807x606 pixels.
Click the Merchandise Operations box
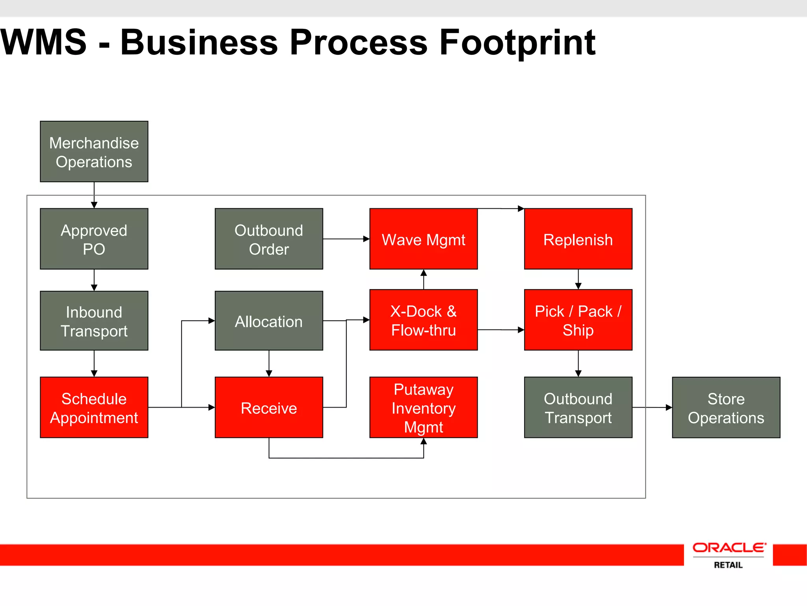94,151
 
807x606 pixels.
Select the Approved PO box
94,239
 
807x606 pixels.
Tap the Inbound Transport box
94,321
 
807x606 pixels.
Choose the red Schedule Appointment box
94,407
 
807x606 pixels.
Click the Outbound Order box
269,239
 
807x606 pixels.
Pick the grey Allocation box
269,321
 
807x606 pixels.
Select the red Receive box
269,407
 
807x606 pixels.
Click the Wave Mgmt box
423,239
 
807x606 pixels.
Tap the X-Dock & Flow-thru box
423,320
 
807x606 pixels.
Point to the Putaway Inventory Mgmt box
423,407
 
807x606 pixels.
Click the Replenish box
578,239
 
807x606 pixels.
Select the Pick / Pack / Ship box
578,320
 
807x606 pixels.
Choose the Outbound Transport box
578,407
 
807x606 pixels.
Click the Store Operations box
726,407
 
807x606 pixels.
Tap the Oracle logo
729,548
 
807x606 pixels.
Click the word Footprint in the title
517,43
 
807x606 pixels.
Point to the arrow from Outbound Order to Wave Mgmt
346,239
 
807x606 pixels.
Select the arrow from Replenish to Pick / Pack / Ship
578,279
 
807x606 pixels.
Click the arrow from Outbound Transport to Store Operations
652,407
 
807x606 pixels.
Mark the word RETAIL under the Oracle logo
728,565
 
